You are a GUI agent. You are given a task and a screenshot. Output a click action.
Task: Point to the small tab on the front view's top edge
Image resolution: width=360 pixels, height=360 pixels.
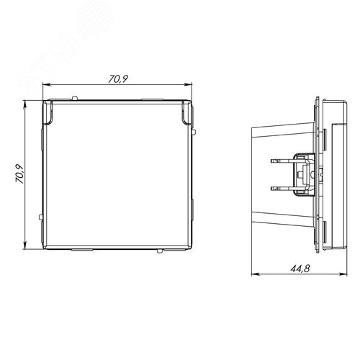pos(75,96)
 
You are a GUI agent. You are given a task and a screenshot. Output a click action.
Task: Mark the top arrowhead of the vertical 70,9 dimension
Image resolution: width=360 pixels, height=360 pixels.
pos(28,102)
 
